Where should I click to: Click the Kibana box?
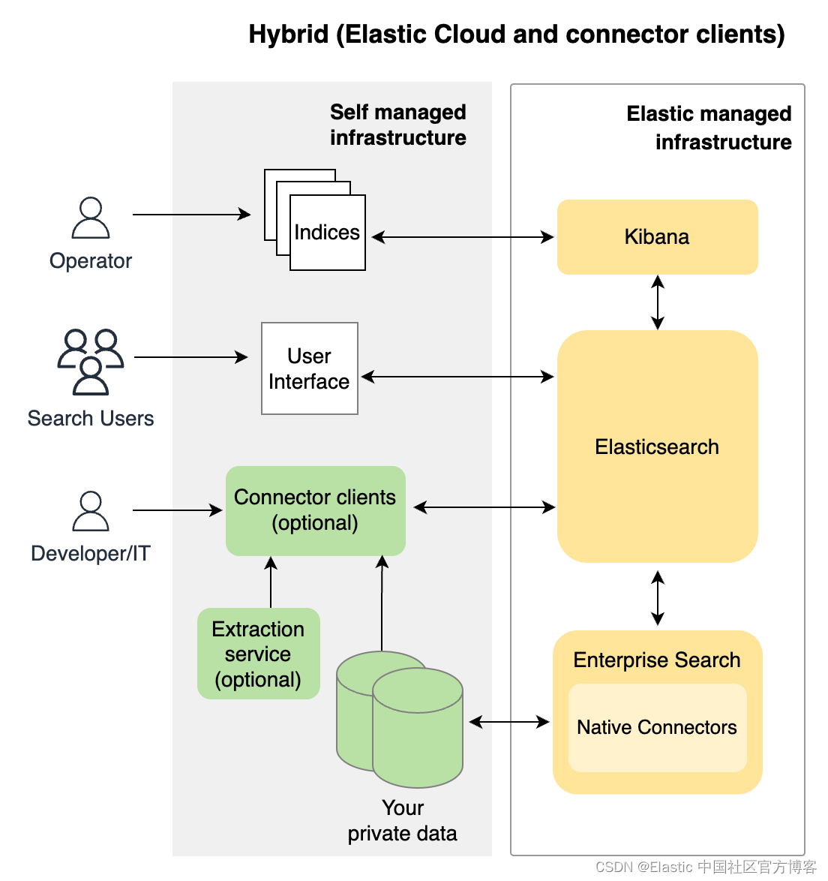tap(657, 237)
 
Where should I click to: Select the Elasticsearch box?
tap(657, 447)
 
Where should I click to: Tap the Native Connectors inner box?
tap(657, 727)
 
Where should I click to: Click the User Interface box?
tap(309, 368)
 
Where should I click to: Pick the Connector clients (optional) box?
tap(315, 510)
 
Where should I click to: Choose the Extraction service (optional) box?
tap(258, 654)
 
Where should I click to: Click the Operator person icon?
tap(91, 218)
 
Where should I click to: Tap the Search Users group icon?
tap(91, 362)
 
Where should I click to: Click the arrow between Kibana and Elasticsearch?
tap(658, 302)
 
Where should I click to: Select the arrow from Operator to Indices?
tap(191, 215)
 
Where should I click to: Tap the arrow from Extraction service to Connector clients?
tap(271, 582)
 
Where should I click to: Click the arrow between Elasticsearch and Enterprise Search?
tap(658, 598)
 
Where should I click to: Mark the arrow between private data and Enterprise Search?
tap(509, 722)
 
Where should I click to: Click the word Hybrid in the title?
tap(289, 35)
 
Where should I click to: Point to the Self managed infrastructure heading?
tap(397, 125)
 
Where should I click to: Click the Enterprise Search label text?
tap(656, 660)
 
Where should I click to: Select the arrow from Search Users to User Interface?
tap(190, 357)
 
